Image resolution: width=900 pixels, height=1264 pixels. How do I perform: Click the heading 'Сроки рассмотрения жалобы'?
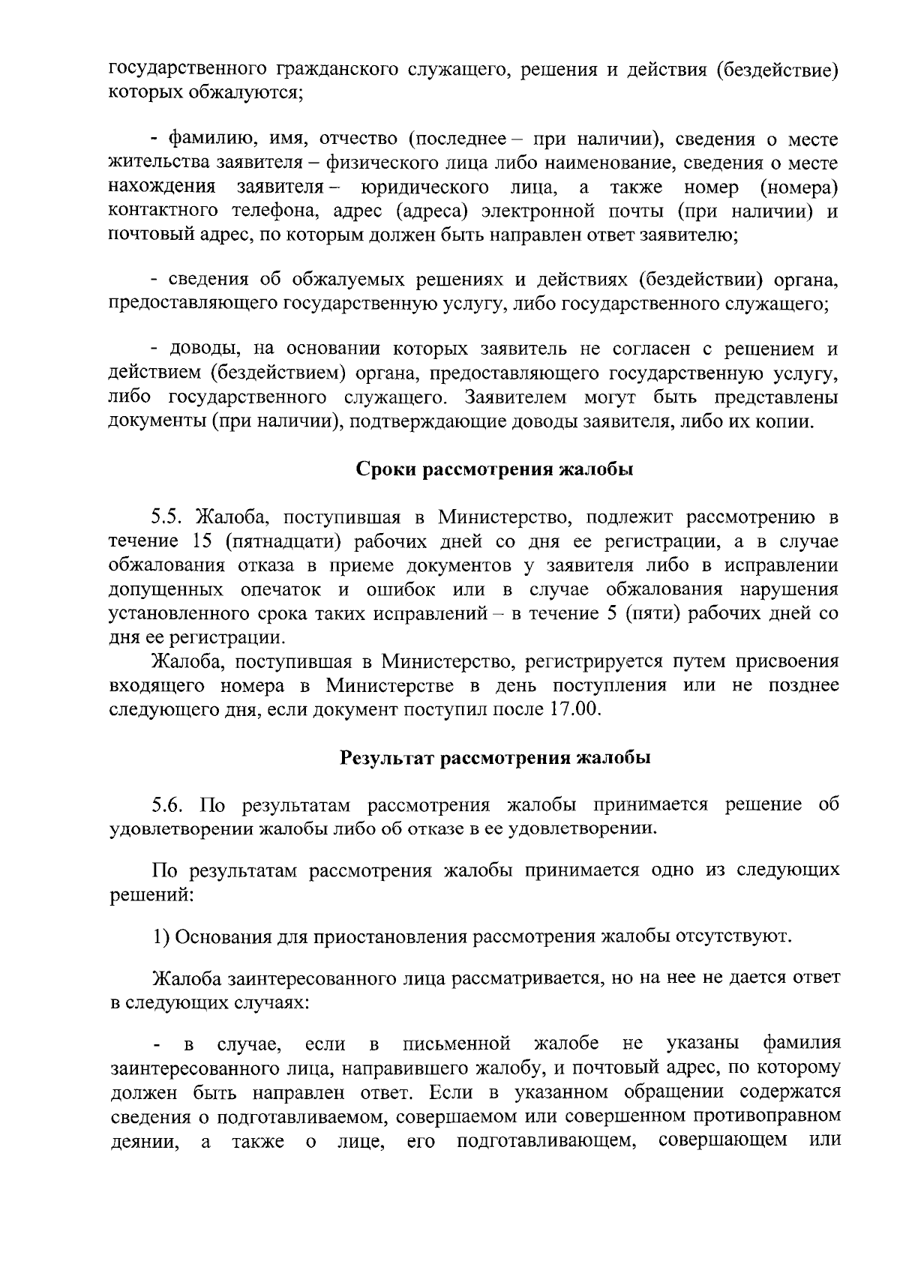(x=494, y=470)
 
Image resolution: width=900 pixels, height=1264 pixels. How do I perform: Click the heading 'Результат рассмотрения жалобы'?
(x=495, y=757)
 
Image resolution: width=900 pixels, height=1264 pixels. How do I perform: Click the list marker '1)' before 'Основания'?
(x=161, y=937)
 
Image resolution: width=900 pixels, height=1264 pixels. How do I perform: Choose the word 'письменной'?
(x=457, y=1044)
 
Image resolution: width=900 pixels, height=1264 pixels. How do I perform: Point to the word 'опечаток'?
(x=281, y=589)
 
